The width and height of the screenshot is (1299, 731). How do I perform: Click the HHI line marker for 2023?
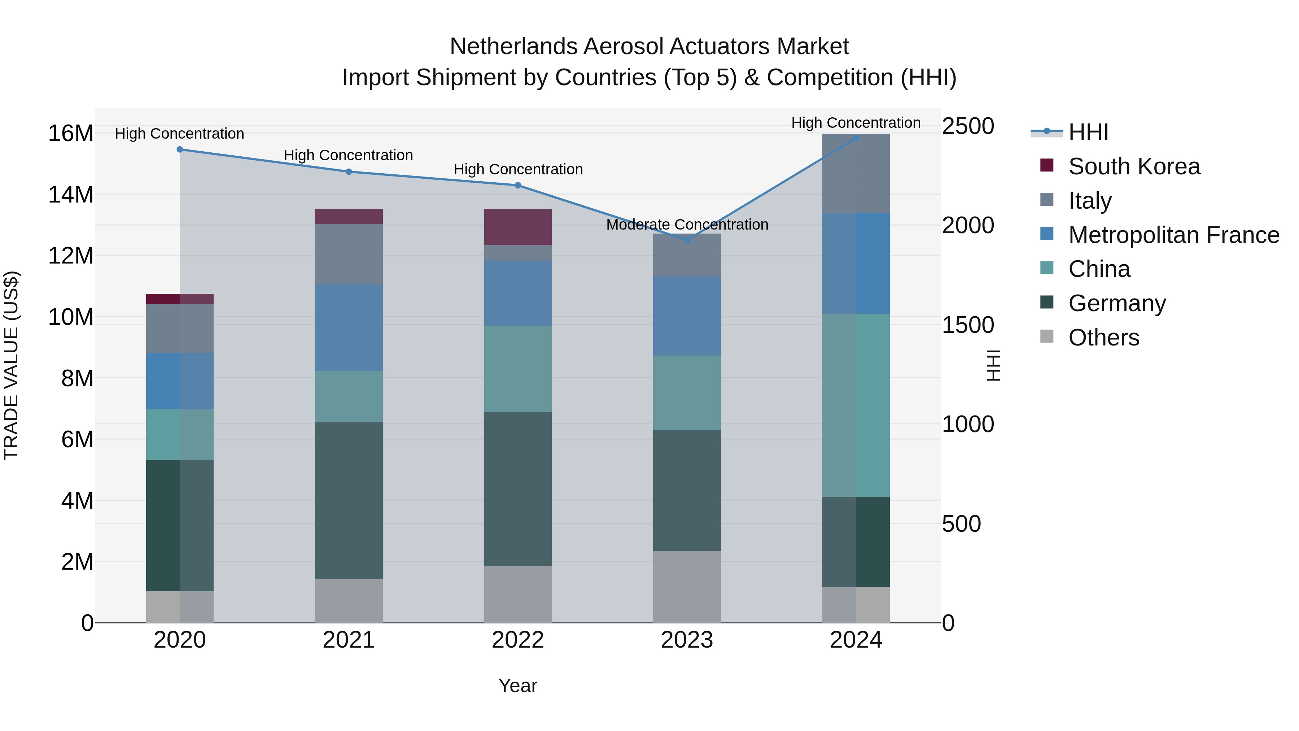[x=687, y=240]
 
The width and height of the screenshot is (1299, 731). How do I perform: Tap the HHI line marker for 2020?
[x=180, y=149]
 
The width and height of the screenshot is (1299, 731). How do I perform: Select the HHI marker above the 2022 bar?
[x=517, y=185]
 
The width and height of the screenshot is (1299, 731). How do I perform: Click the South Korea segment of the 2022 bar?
[x=517, y=227]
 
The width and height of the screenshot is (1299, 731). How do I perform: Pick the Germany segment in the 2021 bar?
[x=349, y=500]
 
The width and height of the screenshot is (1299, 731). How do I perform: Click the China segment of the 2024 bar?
[x=856, y=405]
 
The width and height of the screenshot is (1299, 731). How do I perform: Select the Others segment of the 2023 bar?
[x=687, y=586]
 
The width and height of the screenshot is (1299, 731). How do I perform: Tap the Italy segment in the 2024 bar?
[x=856, y=174]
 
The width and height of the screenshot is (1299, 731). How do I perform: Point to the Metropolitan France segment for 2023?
[x=687, y=316]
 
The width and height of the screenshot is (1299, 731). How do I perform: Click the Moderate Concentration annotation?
[x=687, y=225]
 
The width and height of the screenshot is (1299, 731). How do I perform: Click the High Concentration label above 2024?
[x=856, y=123]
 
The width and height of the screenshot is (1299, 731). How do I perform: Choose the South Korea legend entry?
[x=1134, y=166]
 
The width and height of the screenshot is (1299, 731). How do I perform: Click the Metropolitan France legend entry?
[x=1173, y=235]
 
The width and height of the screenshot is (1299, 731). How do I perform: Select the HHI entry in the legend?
[x=1088, y=132]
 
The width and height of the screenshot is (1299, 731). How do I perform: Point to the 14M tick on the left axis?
[x=71, y=195]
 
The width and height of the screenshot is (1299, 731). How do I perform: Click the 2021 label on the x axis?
[x=349, y=640]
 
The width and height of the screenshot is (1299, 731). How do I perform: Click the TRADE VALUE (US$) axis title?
[x=11, y=365]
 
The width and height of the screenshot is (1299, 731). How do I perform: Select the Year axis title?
[x=517, y=686]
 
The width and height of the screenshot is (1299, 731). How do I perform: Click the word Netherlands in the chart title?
[x=513, y=47]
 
